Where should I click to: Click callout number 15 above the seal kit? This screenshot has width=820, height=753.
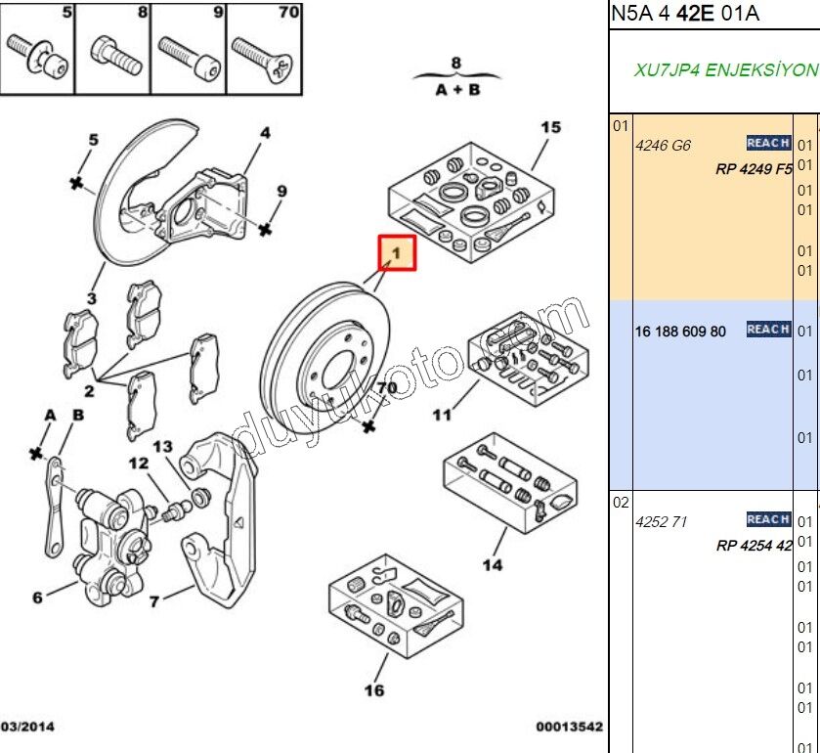click(551, 127)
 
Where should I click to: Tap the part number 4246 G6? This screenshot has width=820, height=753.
click(663, 145)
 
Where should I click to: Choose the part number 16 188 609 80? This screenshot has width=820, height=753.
click(680, 331)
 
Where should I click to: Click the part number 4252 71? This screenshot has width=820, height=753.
click(662, 521)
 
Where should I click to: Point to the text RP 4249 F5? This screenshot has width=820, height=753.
click(753, 168)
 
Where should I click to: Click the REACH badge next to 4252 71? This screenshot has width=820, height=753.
click(768, 519)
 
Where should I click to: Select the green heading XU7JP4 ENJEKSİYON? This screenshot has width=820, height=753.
click(725, 71)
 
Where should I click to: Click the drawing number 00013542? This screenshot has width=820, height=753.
click(569, 727)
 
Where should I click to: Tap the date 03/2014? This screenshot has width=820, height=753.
click(27, 727)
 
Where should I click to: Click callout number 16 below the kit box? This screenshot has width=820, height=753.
click(374, 690)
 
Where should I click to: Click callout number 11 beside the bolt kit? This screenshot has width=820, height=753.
click(443, 415)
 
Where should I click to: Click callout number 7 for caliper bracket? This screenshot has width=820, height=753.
click(153, 601)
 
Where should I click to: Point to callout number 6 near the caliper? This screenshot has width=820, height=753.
click(37, 598)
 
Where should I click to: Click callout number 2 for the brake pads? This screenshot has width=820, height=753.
click(89, 391)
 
